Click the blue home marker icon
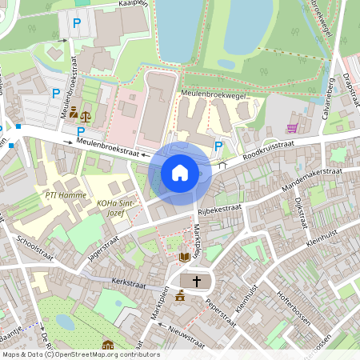coord(180,172)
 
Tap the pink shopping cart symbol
coord(292,128)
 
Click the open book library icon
coord(185,257)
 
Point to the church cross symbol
coord(196,281)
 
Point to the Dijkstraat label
coord(299,212)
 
